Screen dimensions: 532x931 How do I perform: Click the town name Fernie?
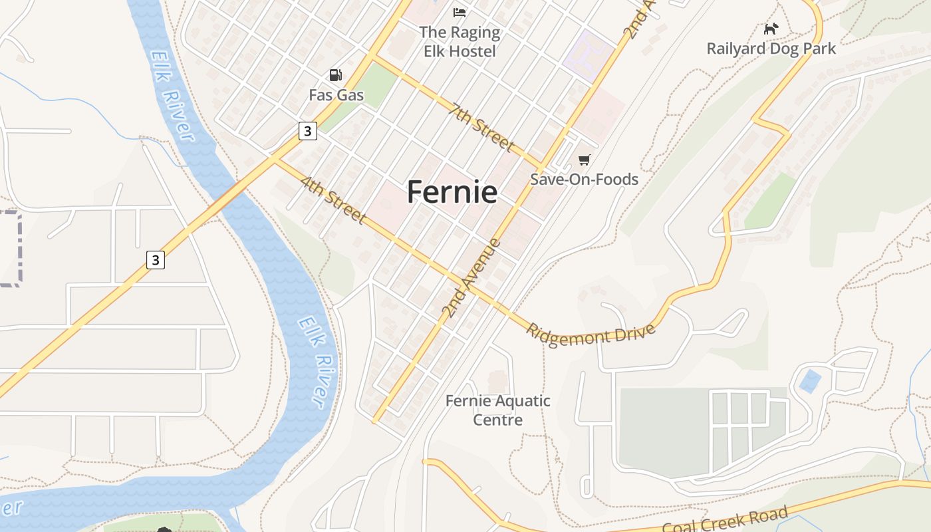(x=452, y=192)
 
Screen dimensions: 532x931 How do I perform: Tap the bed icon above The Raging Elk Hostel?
(x=460, y=12)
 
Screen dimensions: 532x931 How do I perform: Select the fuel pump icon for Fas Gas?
(x=336, y=75)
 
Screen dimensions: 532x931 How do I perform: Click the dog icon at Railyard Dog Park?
(x=771, y=29)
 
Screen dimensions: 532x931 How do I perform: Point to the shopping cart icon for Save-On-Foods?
(x=584, y=160)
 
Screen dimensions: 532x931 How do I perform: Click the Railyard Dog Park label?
(x=771, y=49)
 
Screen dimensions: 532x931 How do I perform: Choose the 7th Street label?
(x=482, y=126)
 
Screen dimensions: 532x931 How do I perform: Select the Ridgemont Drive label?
(x=591, y=333)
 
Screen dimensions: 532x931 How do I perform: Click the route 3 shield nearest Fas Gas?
(x=307, y=131)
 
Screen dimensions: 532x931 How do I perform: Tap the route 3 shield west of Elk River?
(x=156, y=259)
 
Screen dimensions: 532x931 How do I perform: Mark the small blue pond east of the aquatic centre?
(x=809, y=381)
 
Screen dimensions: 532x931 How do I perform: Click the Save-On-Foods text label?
(x=584, y=180)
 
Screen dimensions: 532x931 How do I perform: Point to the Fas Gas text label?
(x=336, y=95)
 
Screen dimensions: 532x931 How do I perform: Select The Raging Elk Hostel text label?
(x=460, y=41)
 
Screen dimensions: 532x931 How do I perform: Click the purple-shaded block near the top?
(x=589, y=55)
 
